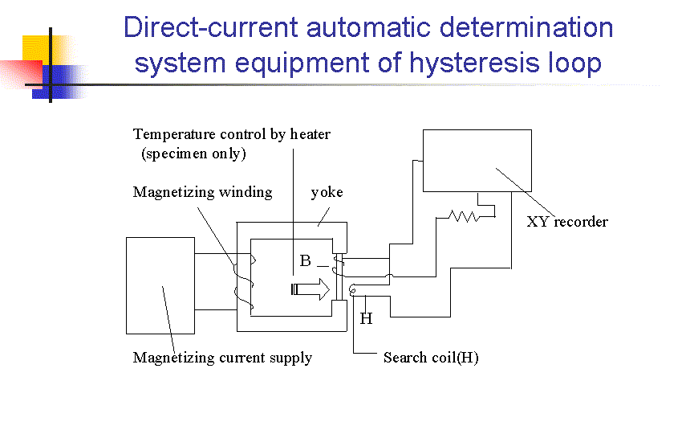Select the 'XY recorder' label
tap(567, 222)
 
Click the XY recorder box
tap(477, 161)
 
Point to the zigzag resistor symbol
tap(463, 215)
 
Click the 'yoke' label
tap(327, 192)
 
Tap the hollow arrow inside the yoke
tap(311, 289)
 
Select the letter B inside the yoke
tap(305, 261)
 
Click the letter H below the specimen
tap(366, 319)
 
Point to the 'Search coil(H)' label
tap(431, 358)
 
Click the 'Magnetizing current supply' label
tap(222, 358)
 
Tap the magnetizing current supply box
tap(160, 285)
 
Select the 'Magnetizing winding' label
tap(202, 192)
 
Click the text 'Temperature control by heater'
tap(231, 134)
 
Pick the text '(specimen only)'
tap(193, 154)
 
